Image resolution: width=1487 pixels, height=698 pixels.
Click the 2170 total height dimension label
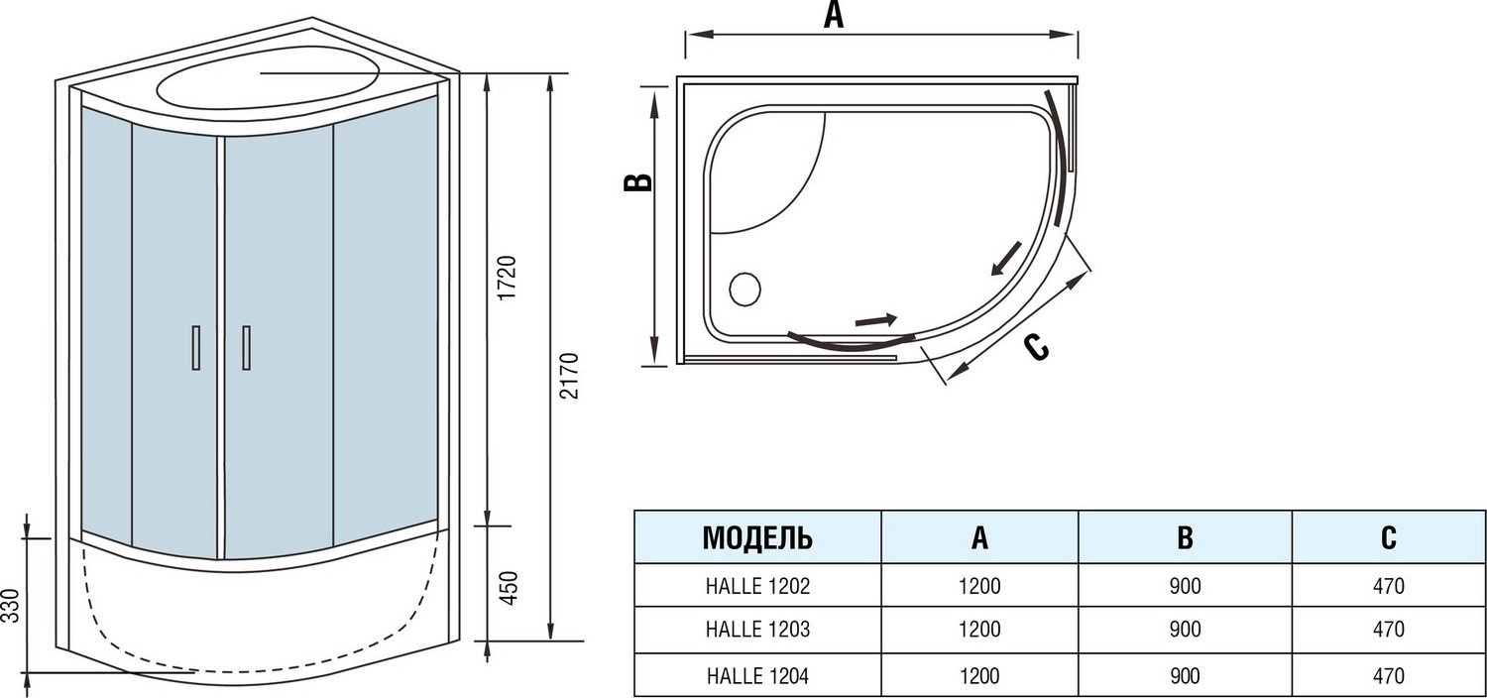(568, 376)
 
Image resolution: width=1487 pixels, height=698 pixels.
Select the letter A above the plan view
(834, 16)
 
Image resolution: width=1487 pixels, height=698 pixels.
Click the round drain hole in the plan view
(744, 290)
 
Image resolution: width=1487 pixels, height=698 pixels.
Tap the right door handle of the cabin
(245, 348)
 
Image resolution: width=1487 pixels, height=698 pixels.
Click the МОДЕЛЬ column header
(757, 538)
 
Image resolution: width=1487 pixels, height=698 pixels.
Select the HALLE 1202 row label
(757, 586)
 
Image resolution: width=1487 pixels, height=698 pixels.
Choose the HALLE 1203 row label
(757, 630)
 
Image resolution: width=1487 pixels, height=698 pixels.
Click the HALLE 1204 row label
(757, 676)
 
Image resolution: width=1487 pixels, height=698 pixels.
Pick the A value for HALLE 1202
(979, 586)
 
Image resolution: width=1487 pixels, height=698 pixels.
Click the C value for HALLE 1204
(1388, 676)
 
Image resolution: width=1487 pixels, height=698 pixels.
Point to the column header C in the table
(1388, 538)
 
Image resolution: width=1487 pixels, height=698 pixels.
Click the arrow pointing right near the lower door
(875, 320)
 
